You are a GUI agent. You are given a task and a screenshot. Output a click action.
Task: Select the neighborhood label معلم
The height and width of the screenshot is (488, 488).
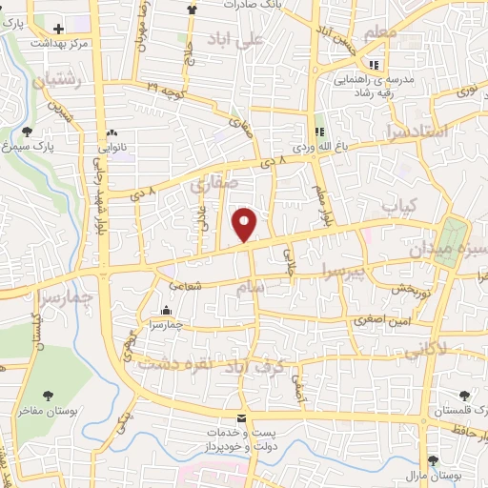[x=379, y=33]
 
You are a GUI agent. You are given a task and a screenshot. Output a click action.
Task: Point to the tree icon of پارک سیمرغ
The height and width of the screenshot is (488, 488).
[x=27, y=132]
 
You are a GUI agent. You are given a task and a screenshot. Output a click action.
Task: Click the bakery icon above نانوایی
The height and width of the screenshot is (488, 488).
[x=112, y=134]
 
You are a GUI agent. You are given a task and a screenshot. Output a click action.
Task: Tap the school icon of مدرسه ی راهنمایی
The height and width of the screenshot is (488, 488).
[x=375, y=66]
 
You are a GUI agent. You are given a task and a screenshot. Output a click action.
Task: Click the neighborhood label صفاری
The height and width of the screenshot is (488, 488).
[x=211, y=187]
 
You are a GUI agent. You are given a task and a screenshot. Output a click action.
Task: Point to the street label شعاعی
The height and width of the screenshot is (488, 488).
[x=184, y=285]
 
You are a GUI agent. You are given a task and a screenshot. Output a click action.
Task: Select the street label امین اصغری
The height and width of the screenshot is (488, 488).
[x=380, y=320]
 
